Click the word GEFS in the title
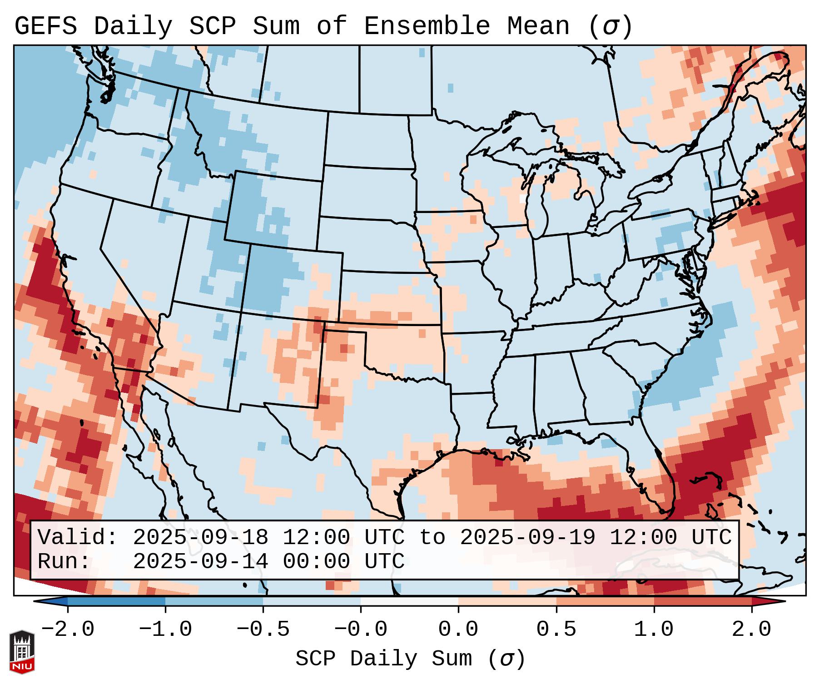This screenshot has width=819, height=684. [x=45, y=26]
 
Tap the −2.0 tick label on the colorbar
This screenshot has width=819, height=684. [x=68, y=630]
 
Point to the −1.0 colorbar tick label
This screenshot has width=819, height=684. [x=165, y=630]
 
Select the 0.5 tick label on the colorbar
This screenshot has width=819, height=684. [x=556, y=630]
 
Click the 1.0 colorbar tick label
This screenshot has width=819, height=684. [x=654, y=630]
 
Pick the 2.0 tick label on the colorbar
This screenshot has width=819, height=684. [x=751, y=630]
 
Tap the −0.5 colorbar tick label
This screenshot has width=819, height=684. [x=263, y=630]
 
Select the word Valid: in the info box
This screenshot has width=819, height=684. [x=78, y=538]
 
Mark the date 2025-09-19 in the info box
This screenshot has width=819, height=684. [x=527, y=538]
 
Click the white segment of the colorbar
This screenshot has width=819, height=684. [x=409, y=601]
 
